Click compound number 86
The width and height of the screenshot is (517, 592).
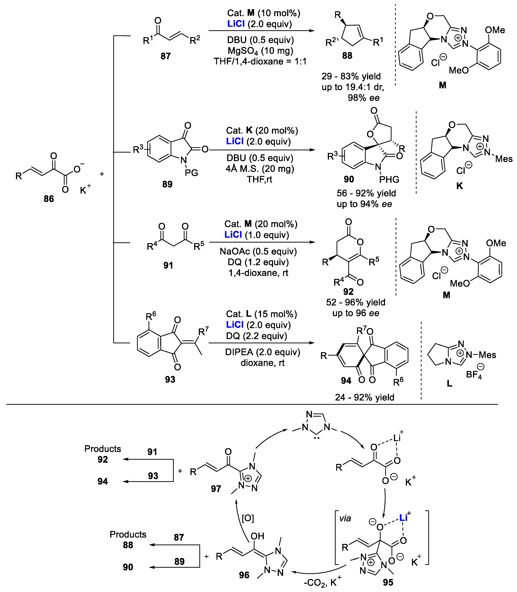[x=49, y=199]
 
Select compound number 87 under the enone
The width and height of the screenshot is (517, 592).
[x=166, y=56]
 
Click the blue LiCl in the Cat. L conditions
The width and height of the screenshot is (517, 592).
[x=235, y=325]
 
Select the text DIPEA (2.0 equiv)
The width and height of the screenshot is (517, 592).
[x=262, y=352]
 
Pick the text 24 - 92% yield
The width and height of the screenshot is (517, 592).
[x=365, y=397]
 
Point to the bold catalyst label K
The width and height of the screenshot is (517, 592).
[x=460, y=186]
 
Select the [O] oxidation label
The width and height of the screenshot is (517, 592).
[x=248, y=518]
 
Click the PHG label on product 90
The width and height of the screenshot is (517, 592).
[x=389, y=180]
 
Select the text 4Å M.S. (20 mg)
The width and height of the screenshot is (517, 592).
[x=260, y=168]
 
